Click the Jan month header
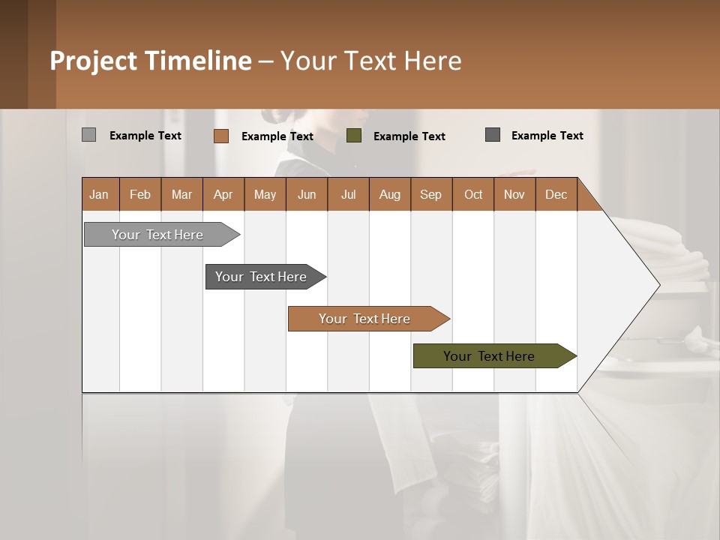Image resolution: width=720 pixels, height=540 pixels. coord(99,194)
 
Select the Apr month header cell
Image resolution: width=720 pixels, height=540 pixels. coord(223,194)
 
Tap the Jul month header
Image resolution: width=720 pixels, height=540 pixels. coord(348,194)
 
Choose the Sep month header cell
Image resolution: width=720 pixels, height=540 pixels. coord(430,194)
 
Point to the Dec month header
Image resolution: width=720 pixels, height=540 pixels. coord(556,194)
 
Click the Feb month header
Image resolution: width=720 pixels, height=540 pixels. coord(140,194)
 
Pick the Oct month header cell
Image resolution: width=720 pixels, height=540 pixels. coord(473,194)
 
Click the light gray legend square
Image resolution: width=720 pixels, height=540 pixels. coord(88,135)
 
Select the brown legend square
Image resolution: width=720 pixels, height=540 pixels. coord(221,136)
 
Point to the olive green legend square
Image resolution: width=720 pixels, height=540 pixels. coord(354,136)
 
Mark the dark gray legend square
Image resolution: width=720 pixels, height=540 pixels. coord(493,135)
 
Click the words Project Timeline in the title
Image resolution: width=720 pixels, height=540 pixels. coord(151,61)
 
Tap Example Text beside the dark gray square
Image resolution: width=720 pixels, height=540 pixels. coord(547,136)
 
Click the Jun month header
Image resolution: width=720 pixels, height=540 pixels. coord(307,194)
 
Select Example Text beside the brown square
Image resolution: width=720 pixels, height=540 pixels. coord(277,136)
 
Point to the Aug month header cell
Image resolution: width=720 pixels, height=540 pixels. coord(389,194)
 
